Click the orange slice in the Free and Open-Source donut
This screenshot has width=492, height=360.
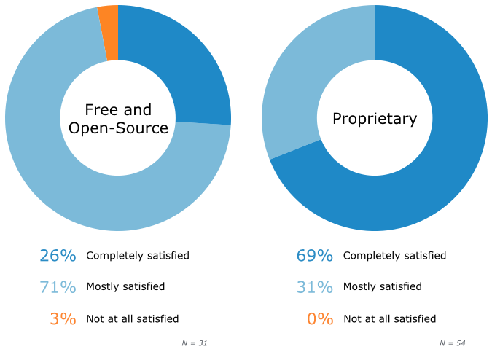point(109,33)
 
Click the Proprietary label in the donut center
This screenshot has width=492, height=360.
point(375,119)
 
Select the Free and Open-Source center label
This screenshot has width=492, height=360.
point(118,119)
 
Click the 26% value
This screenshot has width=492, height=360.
point(58,256)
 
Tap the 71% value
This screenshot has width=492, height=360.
point(58,287)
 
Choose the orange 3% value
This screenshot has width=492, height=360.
point(63,318)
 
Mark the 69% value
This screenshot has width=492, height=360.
point(314,256)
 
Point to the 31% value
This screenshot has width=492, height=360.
point(314,287)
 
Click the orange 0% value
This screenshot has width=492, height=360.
point(320,318)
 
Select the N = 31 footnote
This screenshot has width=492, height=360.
point(195,343)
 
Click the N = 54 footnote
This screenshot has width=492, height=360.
point(452,343)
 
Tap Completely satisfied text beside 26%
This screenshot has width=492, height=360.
point(138,256)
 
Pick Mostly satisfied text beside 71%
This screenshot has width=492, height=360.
point(125,287)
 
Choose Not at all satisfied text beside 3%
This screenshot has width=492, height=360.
point(132,318)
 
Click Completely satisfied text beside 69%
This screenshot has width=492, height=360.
point(394,256)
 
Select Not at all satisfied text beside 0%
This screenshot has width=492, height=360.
point(389,318)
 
